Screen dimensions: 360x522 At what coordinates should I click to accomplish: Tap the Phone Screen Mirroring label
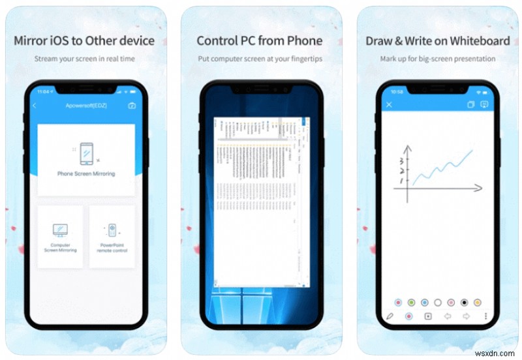pos(86,173)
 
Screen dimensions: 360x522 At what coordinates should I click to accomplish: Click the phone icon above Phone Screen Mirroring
pos(86,153)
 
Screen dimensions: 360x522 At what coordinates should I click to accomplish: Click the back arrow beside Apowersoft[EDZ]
pos(35,106)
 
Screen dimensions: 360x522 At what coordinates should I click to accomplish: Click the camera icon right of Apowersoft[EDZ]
pos(132,106)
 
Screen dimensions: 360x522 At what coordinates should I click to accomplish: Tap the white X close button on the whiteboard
pos(390,104)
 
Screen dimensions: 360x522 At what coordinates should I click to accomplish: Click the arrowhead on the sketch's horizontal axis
pos(480,188)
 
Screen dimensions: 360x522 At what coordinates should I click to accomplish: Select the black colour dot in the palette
pos(464,303)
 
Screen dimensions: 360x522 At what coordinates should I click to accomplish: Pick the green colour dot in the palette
pos(411,303)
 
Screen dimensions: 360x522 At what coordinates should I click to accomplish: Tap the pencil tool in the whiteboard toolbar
pos(390,316)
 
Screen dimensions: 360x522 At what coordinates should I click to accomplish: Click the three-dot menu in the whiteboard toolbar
pos(485,316)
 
